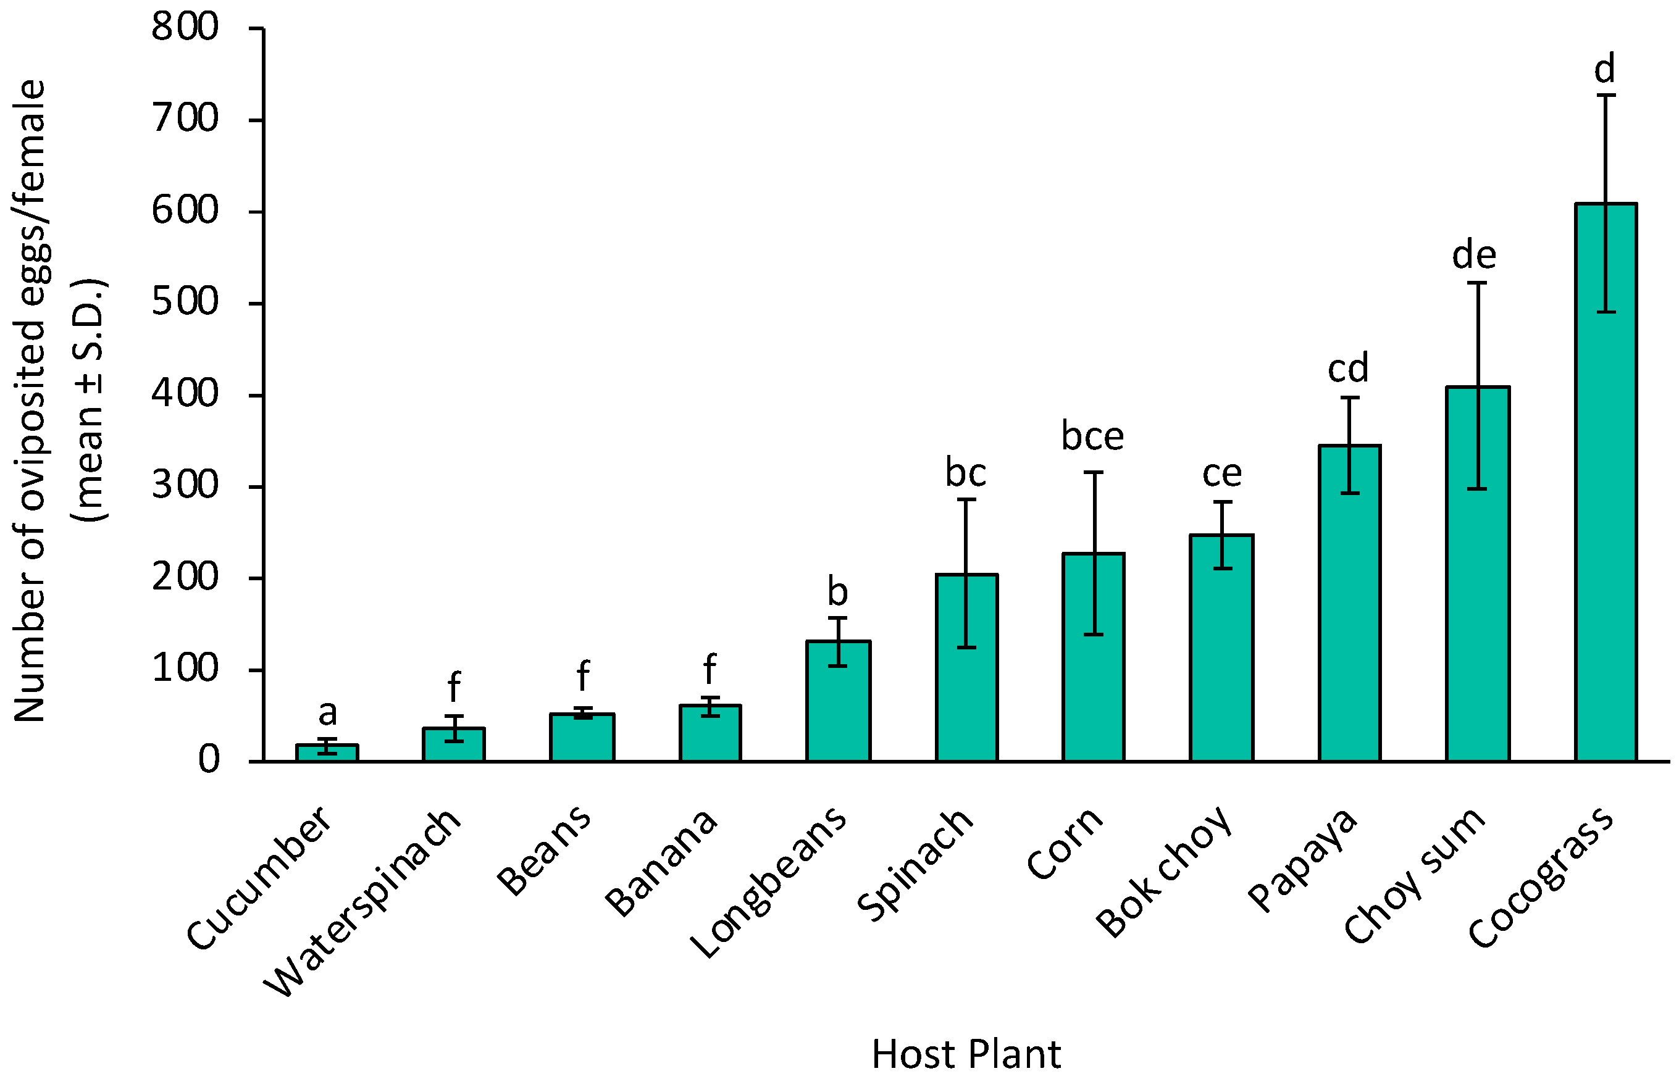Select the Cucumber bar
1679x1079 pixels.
tap(327, 753)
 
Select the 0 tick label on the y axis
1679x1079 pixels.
tap(208, 759)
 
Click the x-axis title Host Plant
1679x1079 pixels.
tap(966, 1054)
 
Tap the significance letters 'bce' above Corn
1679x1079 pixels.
tap(1092, 436)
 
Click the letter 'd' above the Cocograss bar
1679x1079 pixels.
tap(1605, 69)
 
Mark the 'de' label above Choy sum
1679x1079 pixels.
tap(1474, 255)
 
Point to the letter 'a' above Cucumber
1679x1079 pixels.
tap(327, 713)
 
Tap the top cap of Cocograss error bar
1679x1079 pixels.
tap(1606, 95)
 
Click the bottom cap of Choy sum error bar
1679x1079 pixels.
tap(1477, 488)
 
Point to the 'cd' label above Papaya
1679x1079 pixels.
tap(1347, 369)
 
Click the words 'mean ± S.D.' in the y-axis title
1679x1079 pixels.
tap(90, 399)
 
